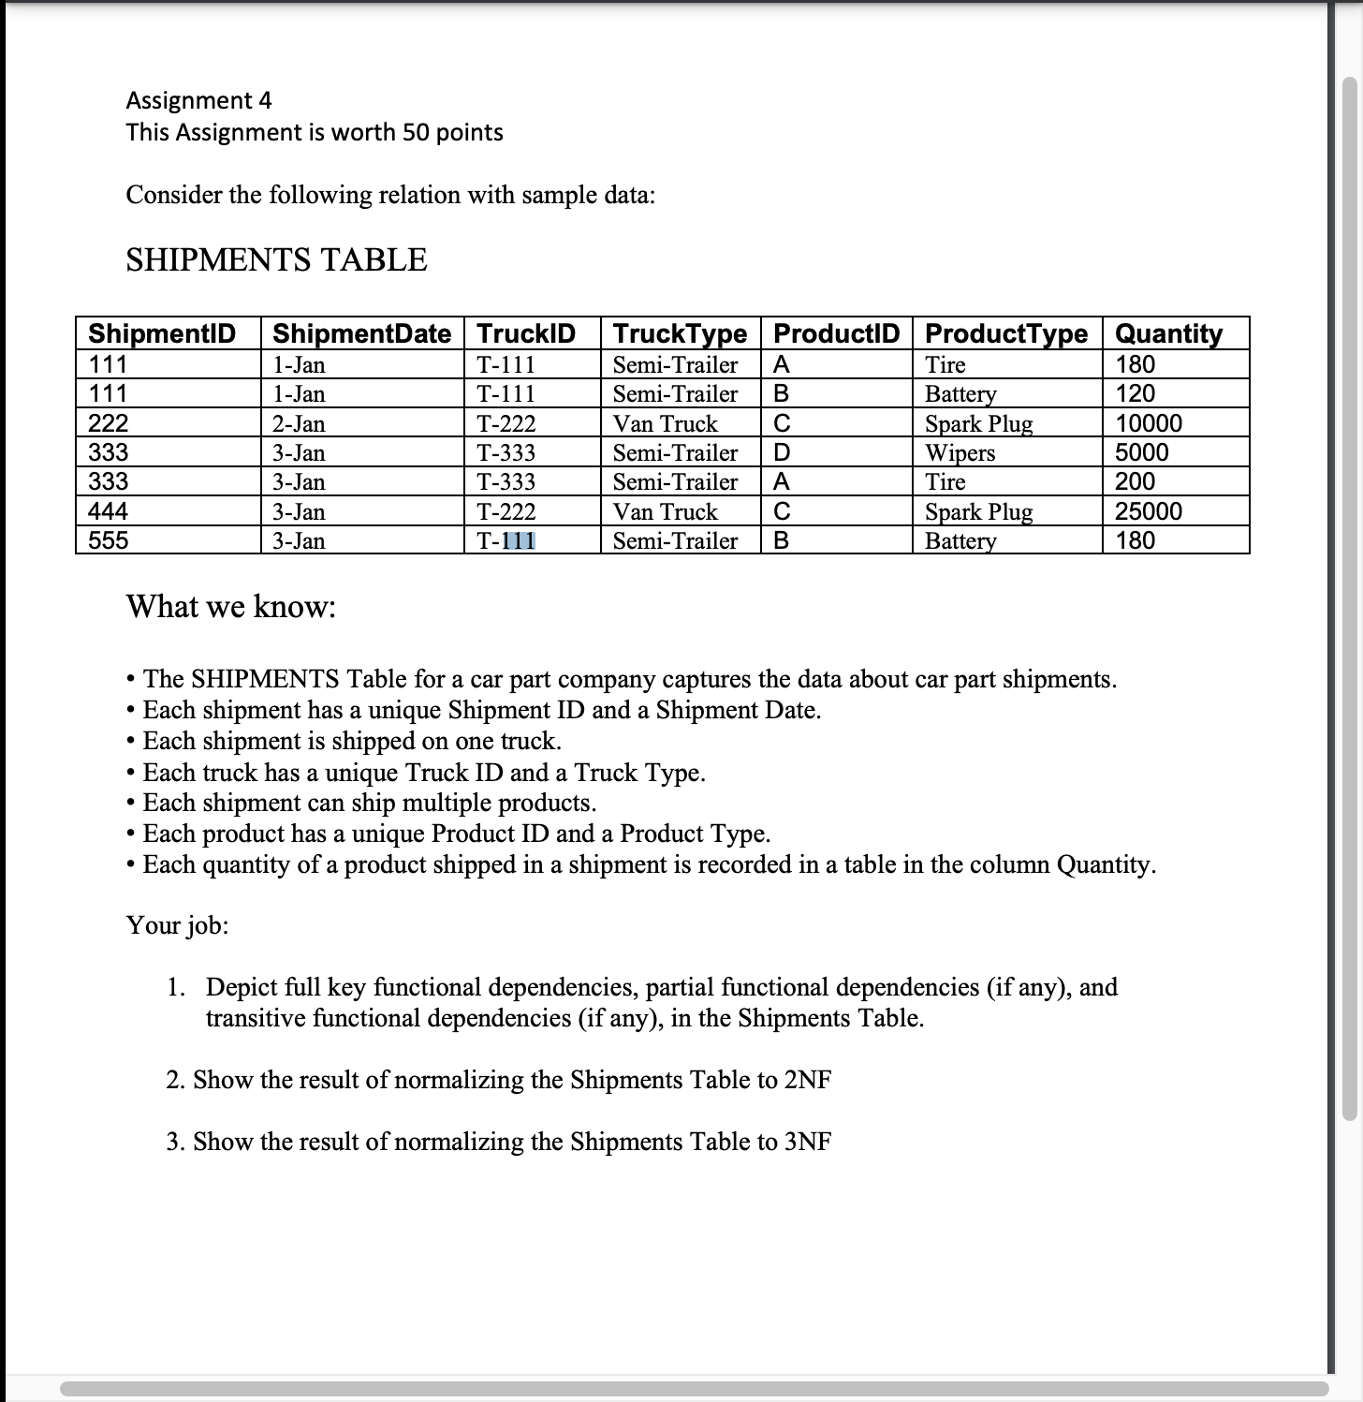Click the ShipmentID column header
pos(161,333)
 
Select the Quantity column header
pos(1168,333)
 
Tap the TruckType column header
pos(680,333)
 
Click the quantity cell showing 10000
pos(1149,423)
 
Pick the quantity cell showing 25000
pos(1149,511)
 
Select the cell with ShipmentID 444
pos(109,511)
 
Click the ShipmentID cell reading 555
pos(109,540)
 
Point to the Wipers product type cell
pos(960,453)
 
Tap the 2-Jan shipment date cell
pos(299,424)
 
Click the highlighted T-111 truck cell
pos(506,541)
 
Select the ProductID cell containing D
pos(782,453)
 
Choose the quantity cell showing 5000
pos(1142,453)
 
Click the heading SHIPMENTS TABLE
pos(276,259)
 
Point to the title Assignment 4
pos(198,100)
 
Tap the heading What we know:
pos(231,607)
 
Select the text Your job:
pos(177,925)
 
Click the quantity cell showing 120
pos(1135,393)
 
